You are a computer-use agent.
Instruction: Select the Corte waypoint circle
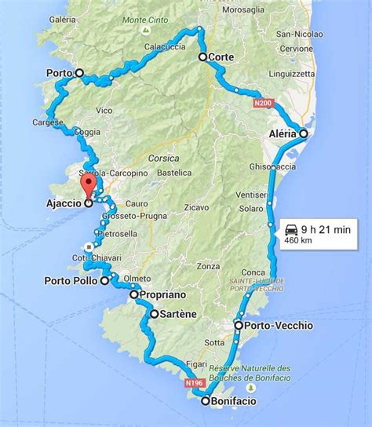[x=202, y=57]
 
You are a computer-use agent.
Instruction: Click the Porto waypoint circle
[x=78, y=73]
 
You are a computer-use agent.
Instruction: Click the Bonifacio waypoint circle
[x=206, y=401]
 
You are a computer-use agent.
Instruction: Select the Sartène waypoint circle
[x=154, y=314]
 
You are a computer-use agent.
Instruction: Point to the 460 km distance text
[x=297, y=241]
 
